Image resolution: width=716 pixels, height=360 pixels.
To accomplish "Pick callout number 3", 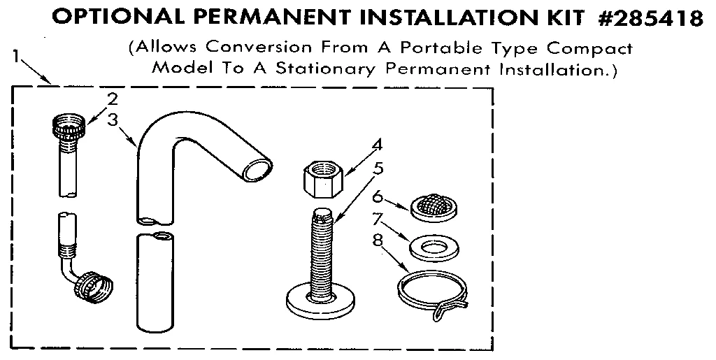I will [x=112, y=119].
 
